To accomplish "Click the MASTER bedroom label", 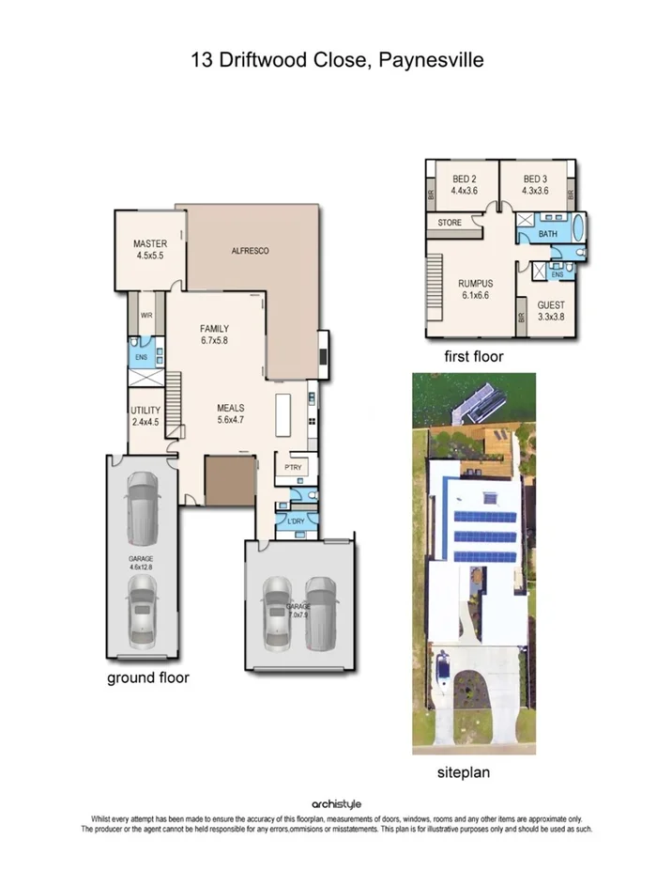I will [150, 244].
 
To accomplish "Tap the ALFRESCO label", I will [251, 252].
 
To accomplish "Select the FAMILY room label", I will [214, 329].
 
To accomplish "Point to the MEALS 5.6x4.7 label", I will [230, 414].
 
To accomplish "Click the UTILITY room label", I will [146, 411].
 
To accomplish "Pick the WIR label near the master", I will [146, 316].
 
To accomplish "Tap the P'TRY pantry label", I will [289, 466].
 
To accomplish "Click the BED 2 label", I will [465, 179].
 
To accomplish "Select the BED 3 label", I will [535, 179].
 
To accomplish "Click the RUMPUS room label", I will [475, 284].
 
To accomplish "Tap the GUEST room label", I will [551, 305].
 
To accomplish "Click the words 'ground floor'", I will [148, 677].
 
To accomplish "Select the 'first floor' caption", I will [474, 357].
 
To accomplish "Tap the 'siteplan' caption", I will [464, 773].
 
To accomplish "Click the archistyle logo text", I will [336, 804].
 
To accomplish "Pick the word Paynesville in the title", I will [431, 61].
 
